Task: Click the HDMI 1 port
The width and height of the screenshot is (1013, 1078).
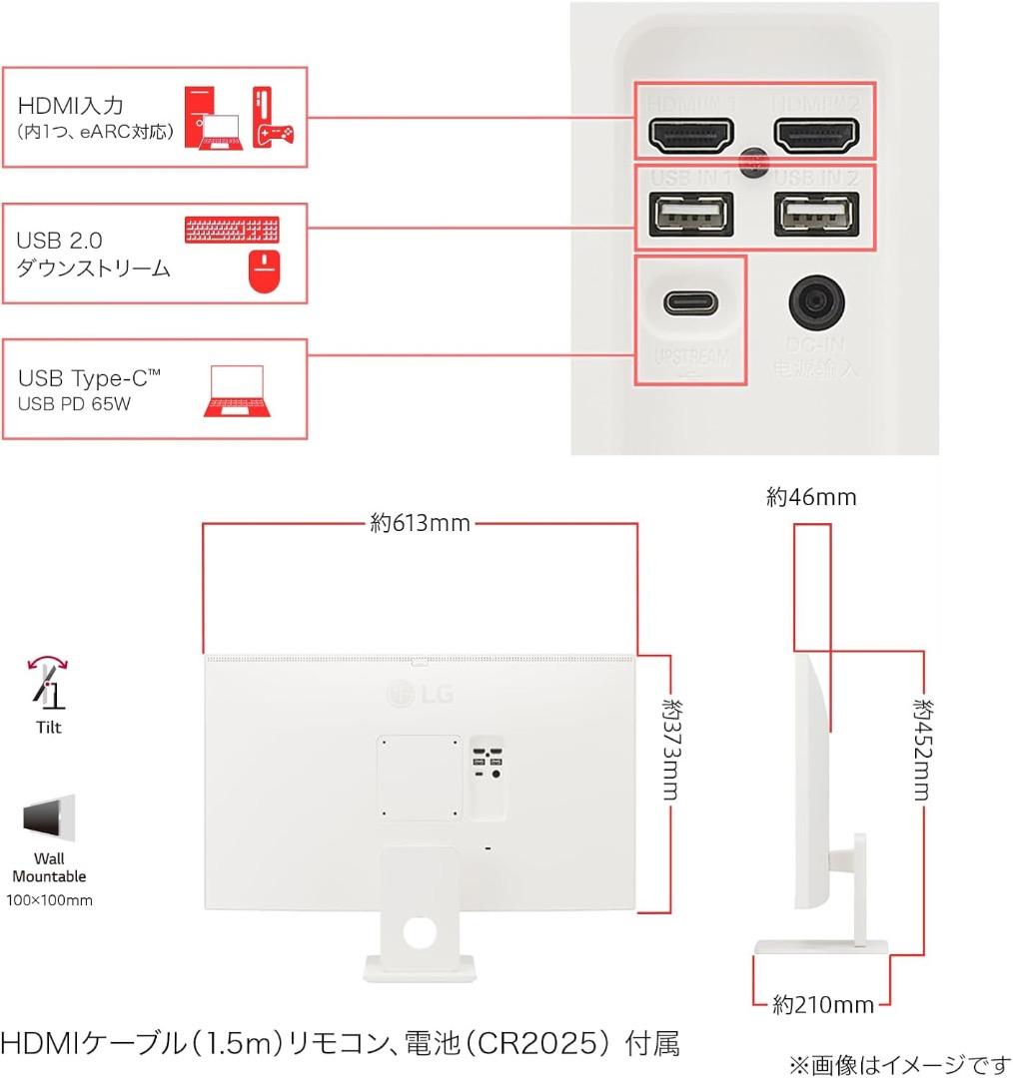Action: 691,135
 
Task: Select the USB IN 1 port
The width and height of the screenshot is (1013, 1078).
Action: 691,213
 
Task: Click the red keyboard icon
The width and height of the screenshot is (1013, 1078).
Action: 233,229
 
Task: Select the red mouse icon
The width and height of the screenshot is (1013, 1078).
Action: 264,270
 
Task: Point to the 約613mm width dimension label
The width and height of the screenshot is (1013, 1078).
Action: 420,523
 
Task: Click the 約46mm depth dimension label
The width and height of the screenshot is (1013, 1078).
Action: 811,497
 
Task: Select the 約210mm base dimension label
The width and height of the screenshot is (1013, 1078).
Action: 823,1004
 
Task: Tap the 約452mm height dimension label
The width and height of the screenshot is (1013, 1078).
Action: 921,749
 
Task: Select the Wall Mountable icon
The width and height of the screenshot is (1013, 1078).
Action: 48,819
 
